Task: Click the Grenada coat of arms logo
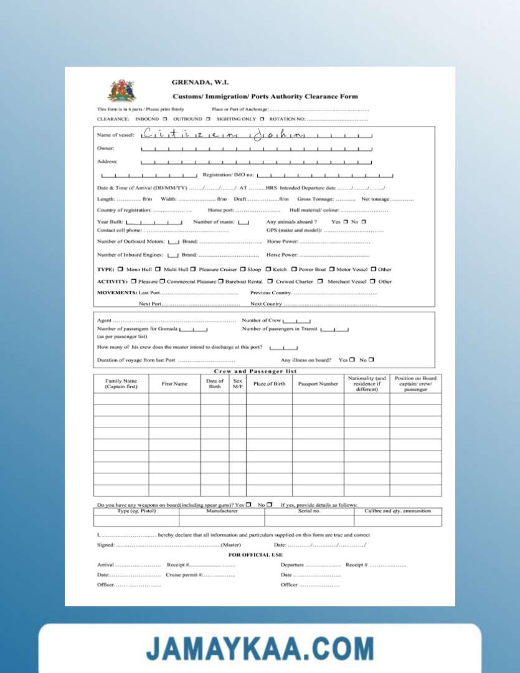[x=122, y=92]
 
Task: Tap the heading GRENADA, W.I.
[x=200, y=82]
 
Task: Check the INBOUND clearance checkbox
[x=165, y=118]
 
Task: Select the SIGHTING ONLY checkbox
[x=262, y=118]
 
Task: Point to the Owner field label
[x=106, y=148]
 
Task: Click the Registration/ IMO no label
[x=228, y=175]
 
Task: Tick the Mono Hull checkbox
[x=120, y=269]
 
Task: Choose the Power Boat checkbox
[x=293, y=269]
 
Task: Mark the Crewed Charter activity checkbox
[x=270, y=281]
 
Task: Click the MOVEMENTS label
[x=116, y=292]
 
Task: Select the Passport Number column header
[x=318, y=384]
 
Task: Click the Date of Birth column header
[x=215, y=384]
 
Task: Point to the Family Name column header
[x=121, y=384]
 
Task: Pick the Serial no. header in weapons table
[x=309, y=511]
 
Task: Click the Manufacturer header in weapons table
[x=222, y=511]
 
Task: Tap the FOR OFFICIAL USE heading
[x=255, y=555]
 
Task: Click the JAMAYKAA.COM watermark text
[x=260, y=648]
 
